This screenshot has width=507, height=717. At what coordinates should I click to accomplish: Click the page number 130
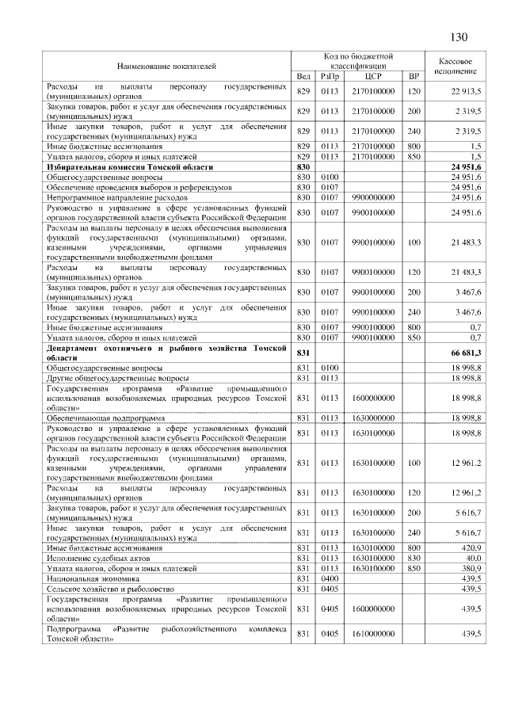point(458,37)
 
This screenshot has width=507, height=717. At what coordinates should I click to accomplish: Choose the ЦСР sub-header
point(373,76)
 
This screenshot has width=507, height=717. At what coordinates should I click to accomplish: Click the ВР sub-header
point(413,76)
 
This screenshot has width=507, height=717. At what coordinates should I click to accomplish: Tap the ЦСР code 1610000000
point(373,635)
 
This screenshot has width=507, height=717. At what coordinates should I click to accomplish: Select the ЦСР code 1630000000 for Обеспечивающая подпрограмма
point(373,418)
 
